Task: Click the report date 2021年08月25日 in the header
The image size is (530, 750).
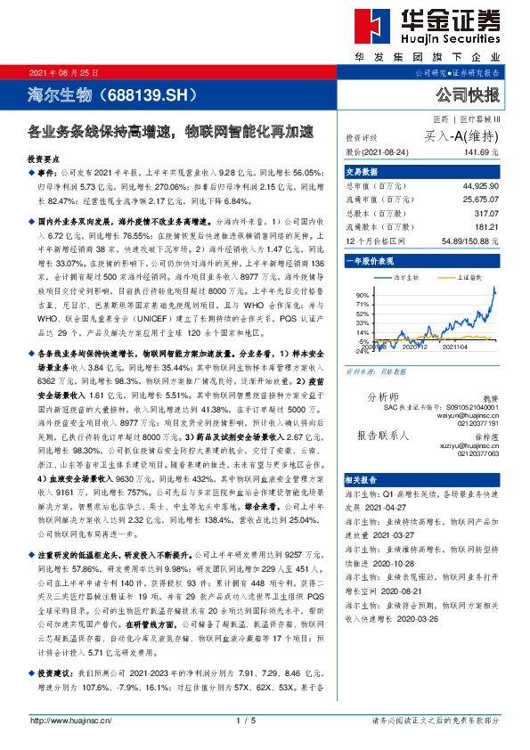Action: (x=64, y=71)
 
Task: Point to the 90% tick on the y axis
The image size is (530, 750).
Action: (x=363, y=295)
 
